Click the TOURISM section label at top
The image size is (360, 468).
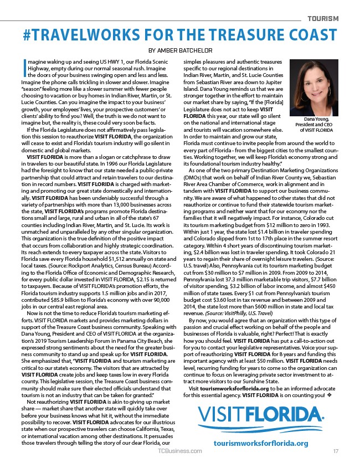tap(323, 18)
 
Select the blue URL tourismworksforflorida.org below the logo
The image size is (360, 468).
tap(260, 459)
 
